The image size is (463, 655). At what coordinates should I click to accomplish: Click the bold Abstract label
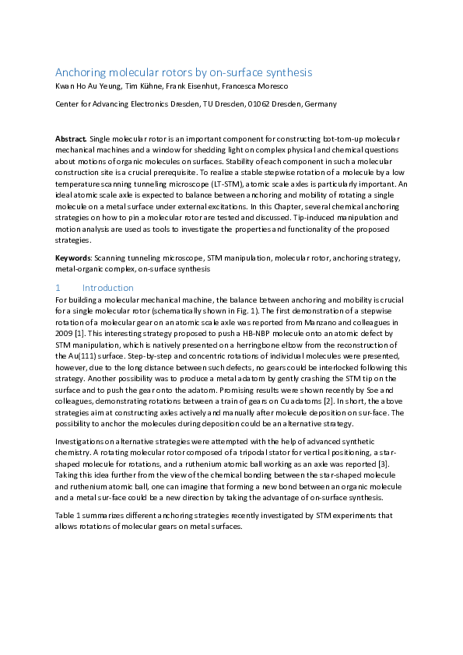pyautogui.click(x=71, y=138)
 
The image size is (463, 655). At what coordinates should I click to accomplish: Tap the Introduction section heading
pyautogui.click(x=108, y=288)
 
